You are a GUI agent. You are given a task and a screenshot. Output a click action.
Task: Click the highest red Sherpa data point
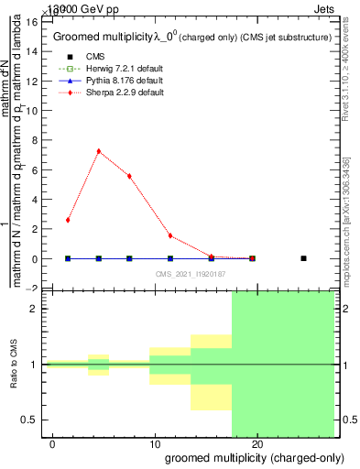click(x=98, y=151)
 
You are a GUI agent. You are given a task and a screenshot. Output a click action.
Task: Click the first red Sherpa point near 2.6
click(x=68, y=220)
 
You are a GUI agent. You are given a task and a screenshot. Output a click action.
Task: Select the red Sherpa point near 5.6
click(x=129, y=176)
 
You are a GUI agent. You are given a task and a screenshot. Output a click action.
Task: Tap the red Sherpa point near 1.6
click(x=170, y=235)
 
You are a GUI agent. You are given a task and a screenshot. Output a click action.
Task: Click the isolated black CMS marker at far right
click(x=303, y=258)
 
